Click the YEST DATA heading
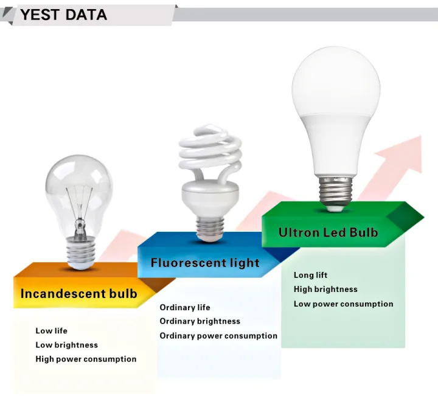click(63, 15)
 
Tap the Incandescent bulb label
click(78, 294)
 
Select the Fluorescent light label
click(205, 263)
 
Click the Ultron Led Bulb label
click(328, 232)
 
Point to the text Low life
click(51, 331)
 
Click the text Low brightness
click(66, 345)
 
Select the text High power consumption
click(86, 359)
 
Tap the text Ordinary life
click(185, 307)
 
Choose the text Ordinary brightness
click(200, 321)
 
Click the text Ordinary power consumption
click(218, 336)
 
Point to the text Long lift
click(310, 275)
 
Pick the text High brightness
click(325, 290)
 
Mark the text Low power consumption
click(343, 304)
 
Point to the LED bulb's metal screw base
click(335, 190)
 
